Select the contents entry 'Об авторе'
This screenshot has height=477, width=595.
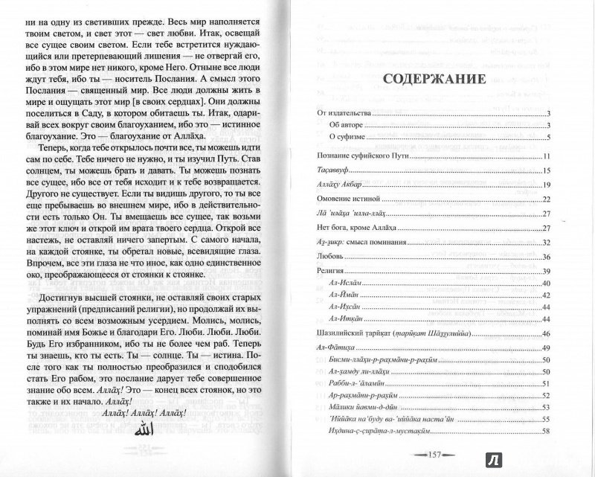click(352, 125)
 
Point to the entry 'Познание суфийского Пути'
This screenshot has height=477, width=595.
click(360, 157)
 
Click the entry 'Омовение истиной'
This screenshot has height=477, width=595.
click(339, 199)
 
